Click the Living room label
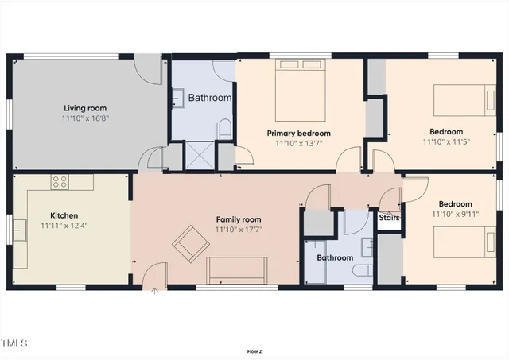point(85,108)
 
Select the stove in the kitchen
point(60,182)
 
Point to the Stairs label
point(389,217)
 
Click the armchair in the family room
point(188,243)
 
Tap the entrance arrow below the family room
point(154,292)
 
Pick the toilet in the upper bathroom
point(225,128)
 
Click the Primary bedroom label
point(298,133)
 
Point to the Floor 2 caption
point(254,351)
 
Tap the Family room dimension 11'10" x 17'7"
point(239,230)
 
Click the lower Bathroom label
point(335,257)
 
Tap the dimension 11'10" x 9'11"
point(451,215)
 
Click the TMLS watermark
point(14,343)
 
